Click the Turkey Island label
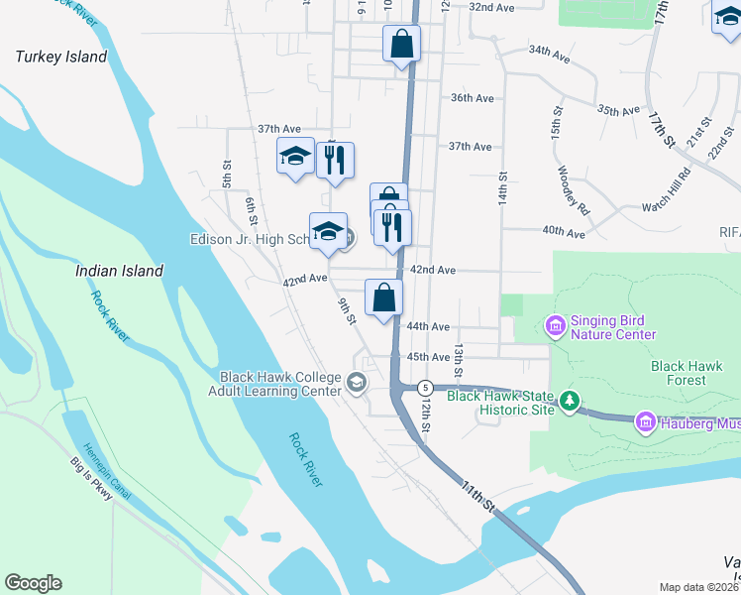click(61, 57)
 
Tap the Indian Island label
click(120, 270)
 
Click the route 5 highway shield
click(425, 386)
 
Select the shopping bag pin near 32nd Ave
click(401, 44)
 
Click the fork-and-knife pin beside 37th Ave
click(335, 161)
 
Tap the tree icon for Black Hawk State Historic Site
click(569, 401)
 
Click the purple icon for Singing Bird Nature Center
click(554, 324)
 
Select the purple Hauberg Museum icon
click(646, 423)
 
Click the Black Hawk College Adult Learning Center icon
click(356, 382)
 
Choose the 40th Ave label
click(564, 231)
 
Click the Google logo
click(33, 583)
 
